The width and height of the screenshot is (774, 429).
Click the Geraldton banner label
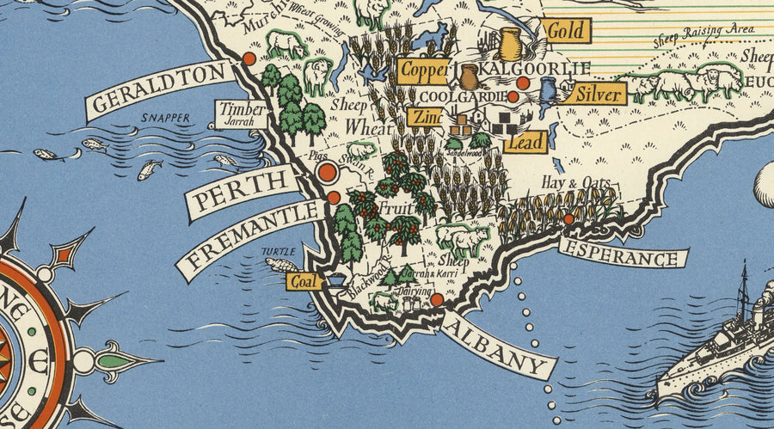coord(160,90)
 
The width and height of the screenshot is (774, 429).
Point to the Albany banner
coord(498,344)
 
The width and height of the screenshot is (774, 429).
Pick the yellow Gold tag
coord(566,31)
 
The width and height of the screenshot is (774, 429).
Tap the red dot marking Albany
coord(437,299)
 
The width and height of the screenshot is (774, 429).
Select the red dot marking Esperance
coord(568,219)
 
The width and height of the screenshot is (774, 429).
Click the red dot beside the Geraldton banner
coord(249,58)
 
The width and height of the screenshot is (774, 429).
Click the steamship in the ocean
coord(718,344)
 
